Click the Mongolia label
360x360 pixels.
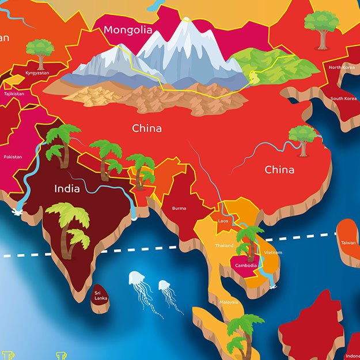click(128, 30)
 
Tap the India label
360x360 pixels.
click(67, 188)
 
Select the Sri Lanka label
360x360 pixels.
click(101, 296)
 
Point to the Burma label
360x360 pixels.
click(179, 208)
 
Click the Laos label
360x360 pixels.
click(223, 221)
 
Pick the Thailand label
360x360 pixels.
click(225, 245)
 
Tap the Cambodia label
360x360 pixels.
click(244, 266)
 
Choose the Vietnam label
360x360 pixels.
click(273, 252)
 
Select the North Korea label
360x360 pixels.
click(342, 67)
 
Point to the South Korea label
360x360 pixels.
click(344, 98)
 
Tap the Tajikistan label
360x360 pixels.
click(14, 93)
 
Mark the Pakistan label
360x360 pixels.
click(13, 157)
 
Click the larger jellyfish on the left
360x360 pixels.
click(137, 279)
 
